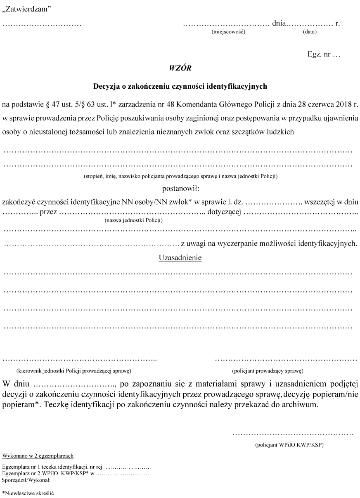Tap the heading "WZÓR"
tap(180, 68)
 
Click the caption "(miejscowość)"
tap(228, 32)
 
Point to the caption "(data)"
tap(310, 32)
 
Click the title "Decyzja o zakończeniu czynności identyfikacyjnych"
tap(180, 87)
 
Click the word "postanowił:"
tap(181, 189)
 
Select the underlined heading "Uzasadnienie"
tap(180, 258)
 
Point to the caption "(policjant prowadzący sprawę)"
tap(268, 370)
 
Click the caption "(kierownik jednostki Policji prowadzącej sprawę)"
tap(74, 370)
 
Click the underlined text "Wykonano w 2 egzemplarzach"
tap(38, 456)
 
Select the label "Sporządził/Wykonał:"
tap(26, 480)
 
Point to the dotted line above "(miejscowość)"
tap(226, 24)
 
